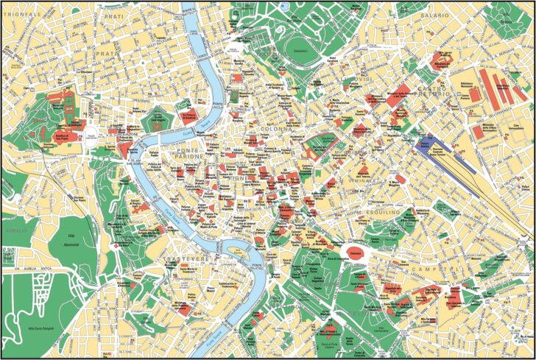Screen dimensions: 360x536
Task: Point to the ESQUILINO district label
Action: pyautogui.click(x=380, y=212)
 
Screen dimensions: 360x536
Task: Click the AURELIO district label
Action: pyautogui.click(x=16, y=230)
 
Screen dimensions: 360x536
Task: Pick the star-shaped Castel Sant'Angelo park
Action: pyautogui.click(x=157, y=119)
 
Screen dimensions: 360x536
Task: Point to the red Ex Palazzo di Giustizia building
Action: pyautogui.click(x=187, y=116)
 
